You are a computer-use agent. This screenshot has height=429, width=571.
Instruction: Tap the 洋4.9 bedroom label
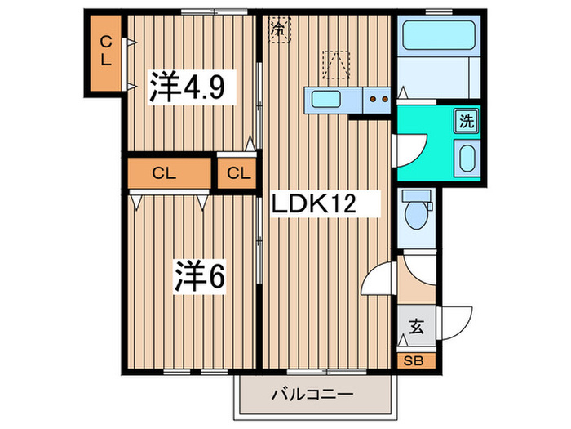point(192,86)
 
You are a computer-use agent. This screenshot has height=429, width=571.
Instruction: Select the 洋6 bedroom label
point(198,276)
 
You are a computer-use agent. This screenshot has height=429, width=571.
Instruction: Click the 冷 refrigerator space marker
point(280,29)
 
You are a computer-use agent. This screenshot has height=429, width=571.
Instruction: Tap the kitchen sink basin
point(327,101)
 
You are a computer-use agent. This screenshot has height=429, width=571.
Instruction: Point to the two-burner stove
point(377,101)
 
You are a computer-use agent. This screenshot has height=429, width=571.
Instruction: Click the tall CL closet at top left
point(107,51)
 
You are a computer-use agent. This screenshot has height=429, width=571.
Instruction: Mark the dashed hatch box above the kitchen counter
point(335,64)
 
